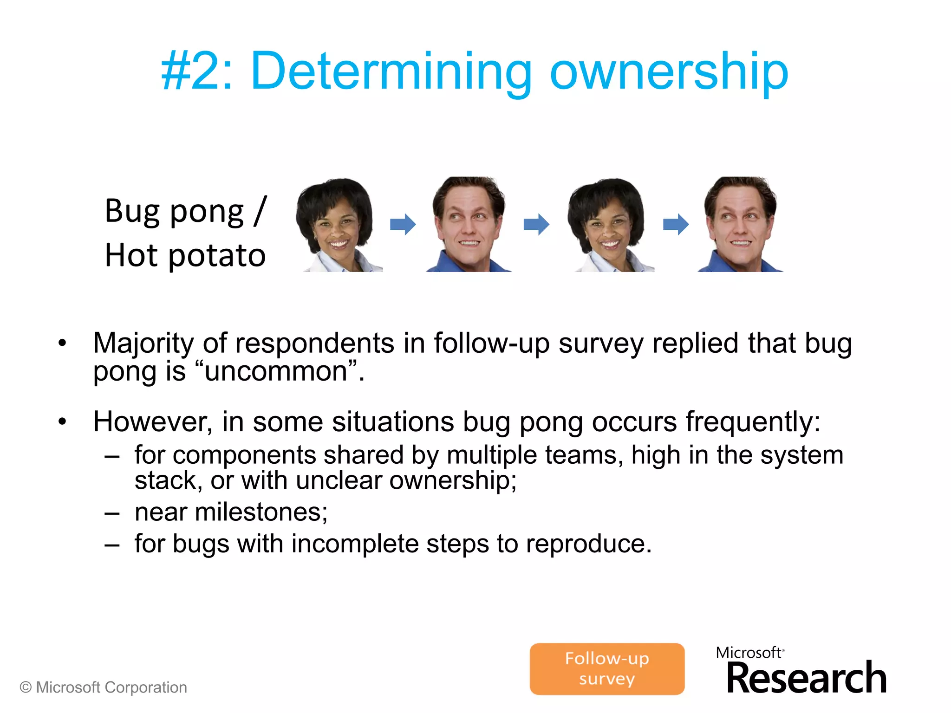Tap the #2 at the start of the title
(195, 72)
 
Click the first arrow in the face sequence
(403, 225)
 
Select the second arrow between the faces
(536, 225)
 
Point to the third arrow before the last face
(676, 225)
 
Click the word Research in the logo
(807, 678)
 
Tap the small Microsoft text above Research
(749, 653)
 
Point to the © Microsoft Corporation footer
(103, 687)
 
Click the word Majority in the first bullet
(143, 344)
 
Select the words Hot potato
(185, 255)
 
